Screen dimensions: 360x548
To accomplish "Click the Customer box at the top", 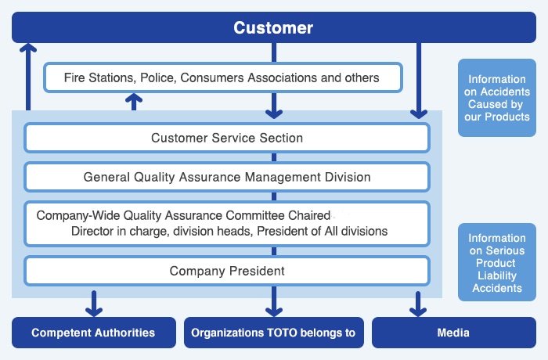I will [273, 28].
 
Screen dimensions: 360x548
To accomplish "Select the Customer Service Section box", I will [227, 139].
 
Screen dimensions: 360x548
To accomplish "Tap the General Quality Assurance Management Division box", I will [227, 177].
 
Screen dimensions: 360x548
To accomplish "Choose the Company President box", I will [227, 272].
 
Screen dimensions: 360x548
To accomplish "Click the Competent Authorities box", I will [93, 333].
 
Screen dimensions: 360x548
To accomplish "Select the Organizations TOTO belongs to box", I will [273, 333].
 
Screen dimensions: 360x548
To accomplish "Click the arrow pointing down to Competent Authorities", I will [94, 303].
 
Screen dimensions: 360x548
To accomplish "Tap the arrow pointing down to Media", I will [419, 303].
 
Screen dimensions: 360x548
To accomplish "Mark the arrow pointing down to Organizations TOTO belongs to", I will [273, 303].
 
